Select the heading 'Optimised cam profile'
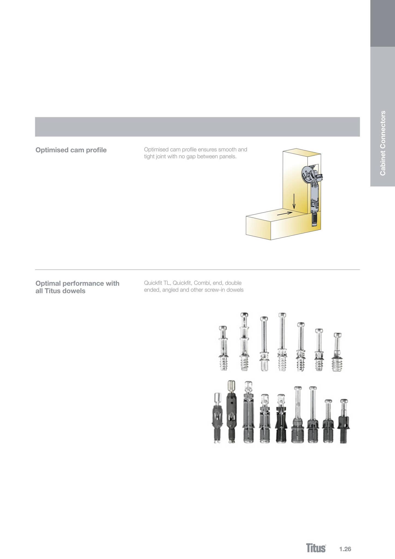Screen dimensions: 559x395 (x=71, y=150)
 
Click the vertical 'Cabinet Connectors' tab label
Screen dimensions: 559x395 (x=383, y=143)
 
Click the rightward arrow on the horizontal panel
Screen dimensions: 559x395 (x=285, y=214)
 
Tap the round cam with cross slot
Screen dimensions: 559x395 (x=308, y=174)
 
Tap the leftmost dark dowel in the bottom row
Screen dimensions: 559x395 (x=217, y=418)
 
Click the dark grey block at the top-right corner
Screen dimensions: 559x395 (x=382, y=23)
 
